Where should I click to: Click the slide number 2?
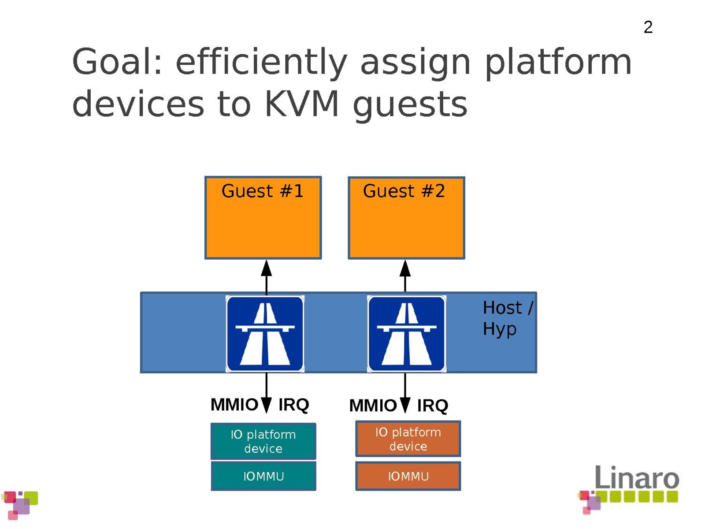point(648,27)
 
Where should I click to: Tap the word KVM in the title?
point(302,104)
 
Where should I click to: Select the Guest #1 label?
point(263,191)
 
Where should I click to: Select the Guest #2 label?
point(404,191)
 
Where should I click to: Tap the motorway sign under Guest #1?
point(265,334)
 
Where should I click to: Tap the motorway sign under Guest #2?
point(406,334)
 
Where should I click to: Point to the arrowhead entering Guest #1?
point(266,268)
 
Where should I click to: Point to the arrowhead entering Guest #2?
point(405,268)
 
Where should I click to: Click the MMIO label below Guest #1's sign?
point(234,404)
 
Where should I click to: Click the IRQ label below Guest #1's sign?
point(293,405)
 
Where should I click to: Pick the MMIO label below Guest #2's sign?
point(373,406)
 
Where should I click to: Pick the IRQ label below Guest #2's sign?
point(432,406)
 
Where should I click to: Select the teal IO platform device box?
point(263,441)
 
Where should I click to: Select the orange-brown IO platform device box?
point(408,439)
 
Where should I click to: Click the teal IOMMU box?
point(263,476)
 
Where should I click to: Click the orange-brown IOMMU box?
point(408,476)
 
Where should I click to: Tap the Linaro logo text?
point(637,477)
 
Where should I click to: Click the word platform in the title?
point(558,62)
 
